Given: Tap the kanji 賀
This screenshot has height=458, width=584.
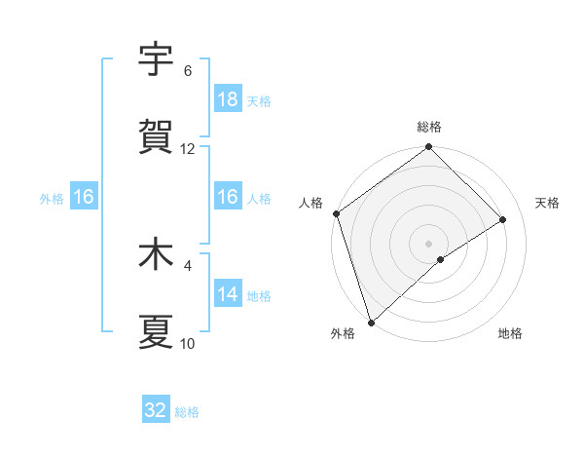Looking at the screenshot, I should pyautogui.click(x=156, y=136).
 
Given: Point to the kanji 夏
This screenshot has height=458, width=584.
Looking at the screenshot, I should pyautogui.click(x=156, y=331).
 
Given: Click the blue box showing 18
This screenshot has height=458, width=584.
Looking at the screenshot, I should pyautogui.click(x=228, y=99).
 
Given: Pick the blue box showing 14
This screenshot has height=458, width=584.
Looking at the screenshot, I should pyautogui.click(x=228, y=294).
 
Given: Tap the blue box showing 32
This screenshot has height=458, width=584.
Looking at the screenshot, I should pyautogui.click(x=156, y=410).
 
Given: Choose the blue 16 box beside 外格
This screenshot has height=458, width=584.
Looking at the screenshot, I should pyautogui.click(x=84, y=197).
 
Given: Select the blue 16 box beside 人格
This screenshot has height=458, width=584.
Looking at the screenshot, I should pyautogui.click(x=228, y=197).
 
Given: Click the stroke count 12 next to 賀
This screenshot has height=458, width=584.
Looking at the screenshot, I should pyautogui.click(x=188, y=149).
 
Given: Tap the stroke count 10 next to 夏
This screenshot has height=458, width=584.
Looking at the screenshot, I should pyautogui.click(x=188, y=344).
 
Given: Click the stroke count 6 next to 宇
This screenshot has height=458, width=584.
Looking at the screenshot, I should pyautogui.click(x=188, y=71).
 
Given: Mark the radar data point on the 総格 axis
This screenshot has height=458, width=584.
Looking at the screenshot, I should pyautogui.click(x=428, y=148).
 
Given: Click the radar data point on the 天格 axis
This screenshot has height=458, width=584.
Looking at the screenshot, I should pyautogui.click(x=503, y=219).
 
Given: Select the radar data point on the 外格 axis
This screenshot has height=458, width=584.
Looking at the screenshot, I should pyautogui.click(x=371, y=322).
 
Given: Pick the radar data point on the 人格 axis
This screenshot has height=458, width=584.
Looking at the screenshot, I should pyautogui.click(x=336, y=213).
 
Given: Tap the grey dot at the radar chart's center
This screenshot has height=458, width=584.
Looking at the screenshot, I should pyautogui.click(x=428, y=243).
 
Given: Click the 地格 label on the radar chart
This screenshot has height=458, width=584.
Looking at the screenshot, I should pyautogui.click(x=510, y=333).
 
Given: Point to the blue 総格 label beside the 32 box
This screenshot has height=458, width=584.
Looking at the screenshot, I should pyautogui.click(x=187, y=412).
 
